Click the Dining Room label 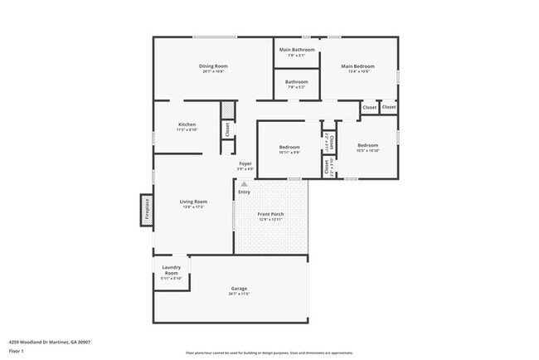coord(213,66)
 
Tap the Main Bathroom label coord(297,50)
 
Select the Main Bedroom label coord(358,66)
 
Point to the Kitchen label coord(187,124)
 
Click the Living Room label coord(193,202)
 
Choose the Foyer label coord(245,164)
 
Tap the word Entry coord(244,192)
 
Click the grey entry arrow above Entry coord(244,184)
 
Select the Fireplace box coord(146,210)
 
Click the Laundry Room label coord(172,270)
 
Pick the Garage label coord(239,289)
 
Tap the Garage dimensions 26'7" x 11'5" coord(239,294)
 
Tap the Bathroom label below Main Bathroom coord(297,82)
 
